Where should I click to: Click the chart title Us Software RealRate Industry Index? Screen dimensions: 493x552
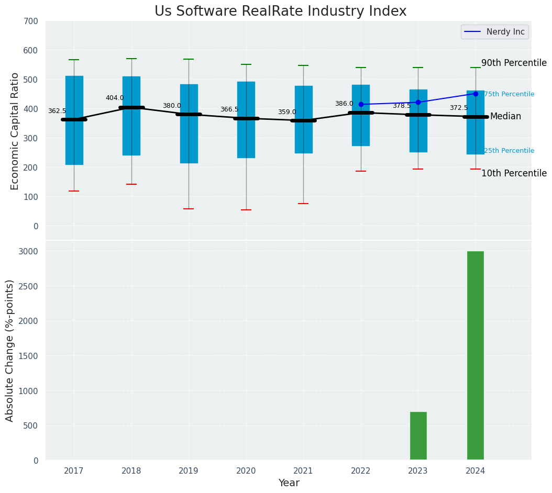pyautogui.click(x=280, y=12)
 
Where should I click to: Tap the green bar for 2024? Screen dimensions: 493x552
pyautogui.click(x=475, y=355)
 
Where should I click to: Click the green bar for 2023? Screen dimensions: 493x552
pyautogui.click(x=418, y=436)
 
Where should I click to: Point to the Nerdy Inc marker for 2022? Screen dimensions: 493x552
pyautogui.click(x=361, y=105)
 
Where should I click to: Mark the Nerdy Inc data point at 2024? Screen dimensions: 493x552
pyautogui.click(x=476, y=94)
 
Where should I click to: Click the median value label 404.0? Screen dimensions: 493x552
pyautogui.click(x=115, y=98)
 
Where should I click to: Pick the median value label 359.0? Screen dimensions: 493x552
pyautogui.click(x=287, y=112)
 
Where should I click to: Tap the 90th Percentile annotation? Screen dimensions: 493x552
pyautogui.click(x=514, y=63)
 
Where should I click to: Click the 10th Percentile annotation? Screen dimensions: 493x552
pyautogui.click(x=514, y=173)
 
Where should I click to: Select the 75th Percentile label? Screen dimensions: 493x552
pyautogui.click(x=509, y=94)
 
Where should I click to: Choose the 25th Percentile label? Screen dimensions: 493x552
pyautogui.click(x=509, y=151)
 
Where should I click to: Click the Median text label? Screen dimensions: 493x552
pyautogui.click(x=505, y=116)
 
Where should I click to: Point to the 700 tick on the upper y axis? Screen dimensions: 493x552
pyautogui.click(x=31, y=21)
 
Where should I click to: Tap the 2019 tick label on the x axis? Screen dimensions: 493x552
pyautogui.click(x=189, y=471)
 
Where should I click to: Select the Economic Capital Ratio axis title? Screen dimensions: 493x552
pyautogui.click(x=15, y=131)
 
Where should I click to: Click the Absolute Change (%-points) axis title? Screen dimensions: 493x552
pyautogui.click(x=10, y=350)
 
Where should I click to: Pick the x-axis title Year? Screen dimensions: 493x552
pyautogui.click(x=289, y=483)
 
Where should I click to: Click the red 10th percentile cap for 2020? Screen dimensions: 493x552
pyautogui.click(x=246, y=210)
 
